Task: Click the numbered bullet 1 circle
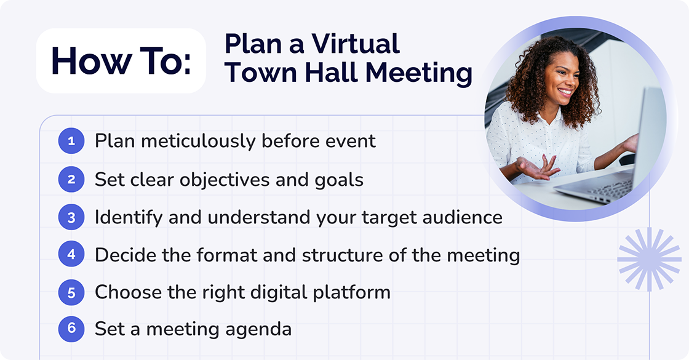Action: tap(71, 142)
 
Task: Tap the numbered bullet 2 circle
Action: tap(71, 180)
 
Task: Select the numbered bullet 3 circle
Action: tap(71, 217)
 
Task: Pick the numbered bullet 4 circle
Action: tap(71, 255)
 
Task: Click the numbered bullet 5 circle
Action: tap(71, 292)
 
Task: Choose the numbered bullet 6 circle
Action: tap(71, 329)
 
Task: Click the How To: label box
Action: tap(121, 61)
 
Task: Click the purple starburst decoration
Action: tap(649, 259)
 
